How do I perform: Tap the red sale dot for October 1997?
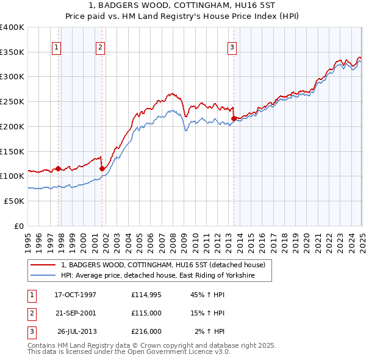[x=59, y=168]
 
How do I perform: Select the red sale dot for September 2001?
[x=102, y=168]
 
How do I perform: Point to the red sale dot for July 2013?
[x=234, y=118]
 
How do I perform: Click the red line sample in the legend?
[x=43, y=265]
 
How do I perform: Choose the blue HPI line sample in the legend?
[x=43, y=276]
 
